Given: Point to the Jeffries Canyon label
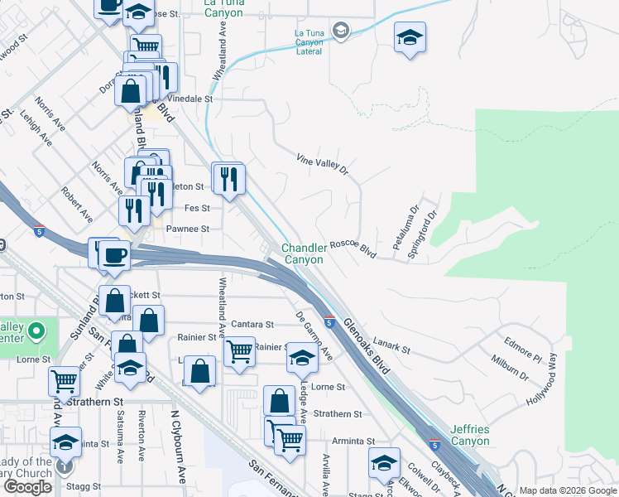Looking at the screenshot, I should [x=470, y=435].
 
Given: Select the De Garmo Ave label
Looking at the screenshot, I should [x=314, y=336].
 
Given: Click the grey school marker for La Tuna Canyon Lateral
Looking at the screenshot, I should [x=340, y=31].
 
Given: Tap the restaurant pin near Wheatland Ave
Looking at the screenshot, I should [x=229, y=177].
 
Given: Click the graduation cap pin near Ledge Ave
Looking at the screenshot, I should [x=302, y=358].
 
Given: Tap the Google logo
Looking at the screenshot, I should [x=28, y=487].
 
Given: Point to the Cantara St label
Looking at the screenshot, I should [x=252, y=325].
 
